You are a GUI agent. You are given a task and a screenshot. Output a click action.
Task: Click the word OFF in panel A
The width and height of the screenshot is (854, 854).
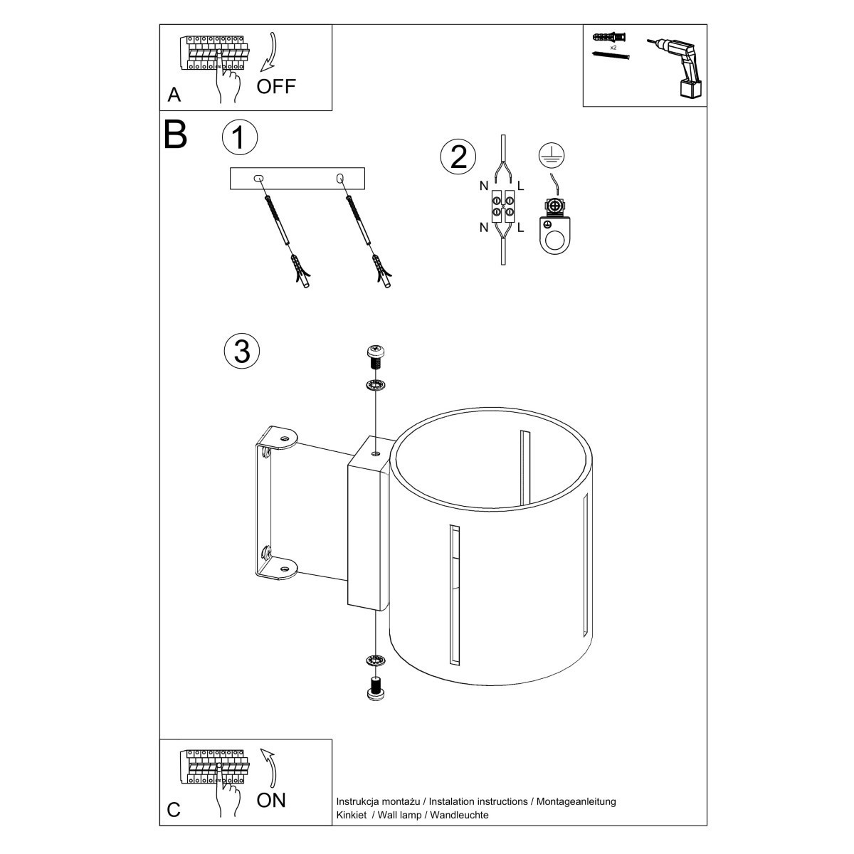[275, 87]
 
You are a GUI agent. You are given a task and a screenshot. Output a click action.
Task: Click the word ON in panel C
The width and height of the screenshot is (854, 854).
[271, 800]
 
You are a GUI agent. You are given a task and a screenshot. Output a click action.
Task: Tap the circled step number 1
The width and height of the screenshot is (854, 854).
[239, 137]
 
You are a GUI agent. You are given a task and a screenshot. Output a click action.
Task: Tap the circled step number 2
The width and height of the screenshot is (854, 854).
[458, 157]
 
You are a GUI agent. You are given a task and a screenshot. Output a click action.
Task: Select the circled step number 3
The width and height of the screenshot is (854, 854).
[241, 352]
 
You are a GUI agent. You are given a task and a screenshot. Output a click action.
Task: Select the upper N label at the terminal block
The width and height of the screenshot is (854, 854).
[483, 186]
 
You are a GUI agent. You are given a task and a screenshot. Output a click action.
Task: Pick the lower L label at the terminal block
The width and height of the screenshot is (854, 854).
[521, 228]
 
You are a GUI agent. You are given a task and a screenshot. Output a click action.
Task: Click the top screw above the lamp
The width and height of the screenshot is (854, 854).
[375, 355]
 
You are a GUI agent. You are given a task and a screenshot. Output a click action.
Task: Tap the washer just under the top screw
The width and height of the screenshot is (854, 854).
[375, 385]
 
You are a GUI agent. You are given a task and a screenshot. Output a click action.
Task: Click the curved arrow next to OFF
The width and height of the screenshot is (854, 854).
[270, 53]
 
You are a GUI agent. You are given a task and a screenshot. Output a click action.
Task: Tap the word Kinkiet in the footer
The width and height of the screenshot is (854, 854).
[351, 815]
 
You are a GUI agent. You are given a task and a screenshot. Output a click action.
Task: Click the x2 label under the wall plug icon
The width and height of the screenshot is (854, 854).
[613, 47]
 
